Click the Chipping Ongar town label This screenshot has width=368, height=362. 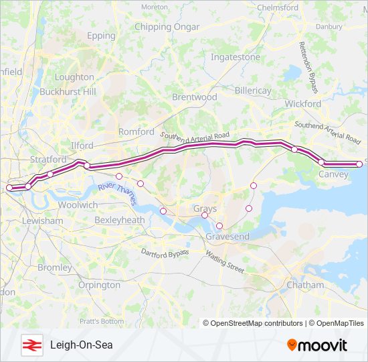(x=167, y=27)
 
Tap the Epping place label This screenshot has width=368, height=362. (x=101, y=36)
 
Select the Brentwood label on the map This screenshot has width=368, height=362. (x=195, y=97)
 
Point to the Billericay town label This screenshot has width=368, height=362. (x=254, y=90)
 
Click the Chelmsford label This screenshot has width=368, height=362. (x=278, y=7)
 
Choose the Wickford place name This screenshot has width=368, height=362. (x=303, y=104)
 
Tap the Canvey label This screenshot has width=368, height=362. (x=334, y=174)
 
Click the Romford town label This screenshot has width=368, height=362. (x=136, y=132)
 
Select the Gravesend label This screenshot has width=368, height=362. (x=227, y=237)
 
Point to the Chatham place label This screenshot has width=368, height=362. (x=305, y=285)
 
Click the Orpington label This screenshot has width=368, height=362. (x=99, y=285)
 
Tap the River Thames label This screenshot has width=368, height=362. (x=116, y=190)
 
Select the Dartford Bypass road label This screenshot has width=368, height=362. (x=165, y=253)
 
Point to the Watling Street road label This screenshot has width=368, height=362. (x=225, y=261)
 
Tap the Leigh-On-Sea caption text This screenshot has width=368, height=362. (x=81, y=345)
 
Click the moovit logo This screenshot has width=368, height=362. (x=317, y=345)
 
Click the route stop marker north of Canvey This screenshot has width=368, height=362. (x=321, y=162)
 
